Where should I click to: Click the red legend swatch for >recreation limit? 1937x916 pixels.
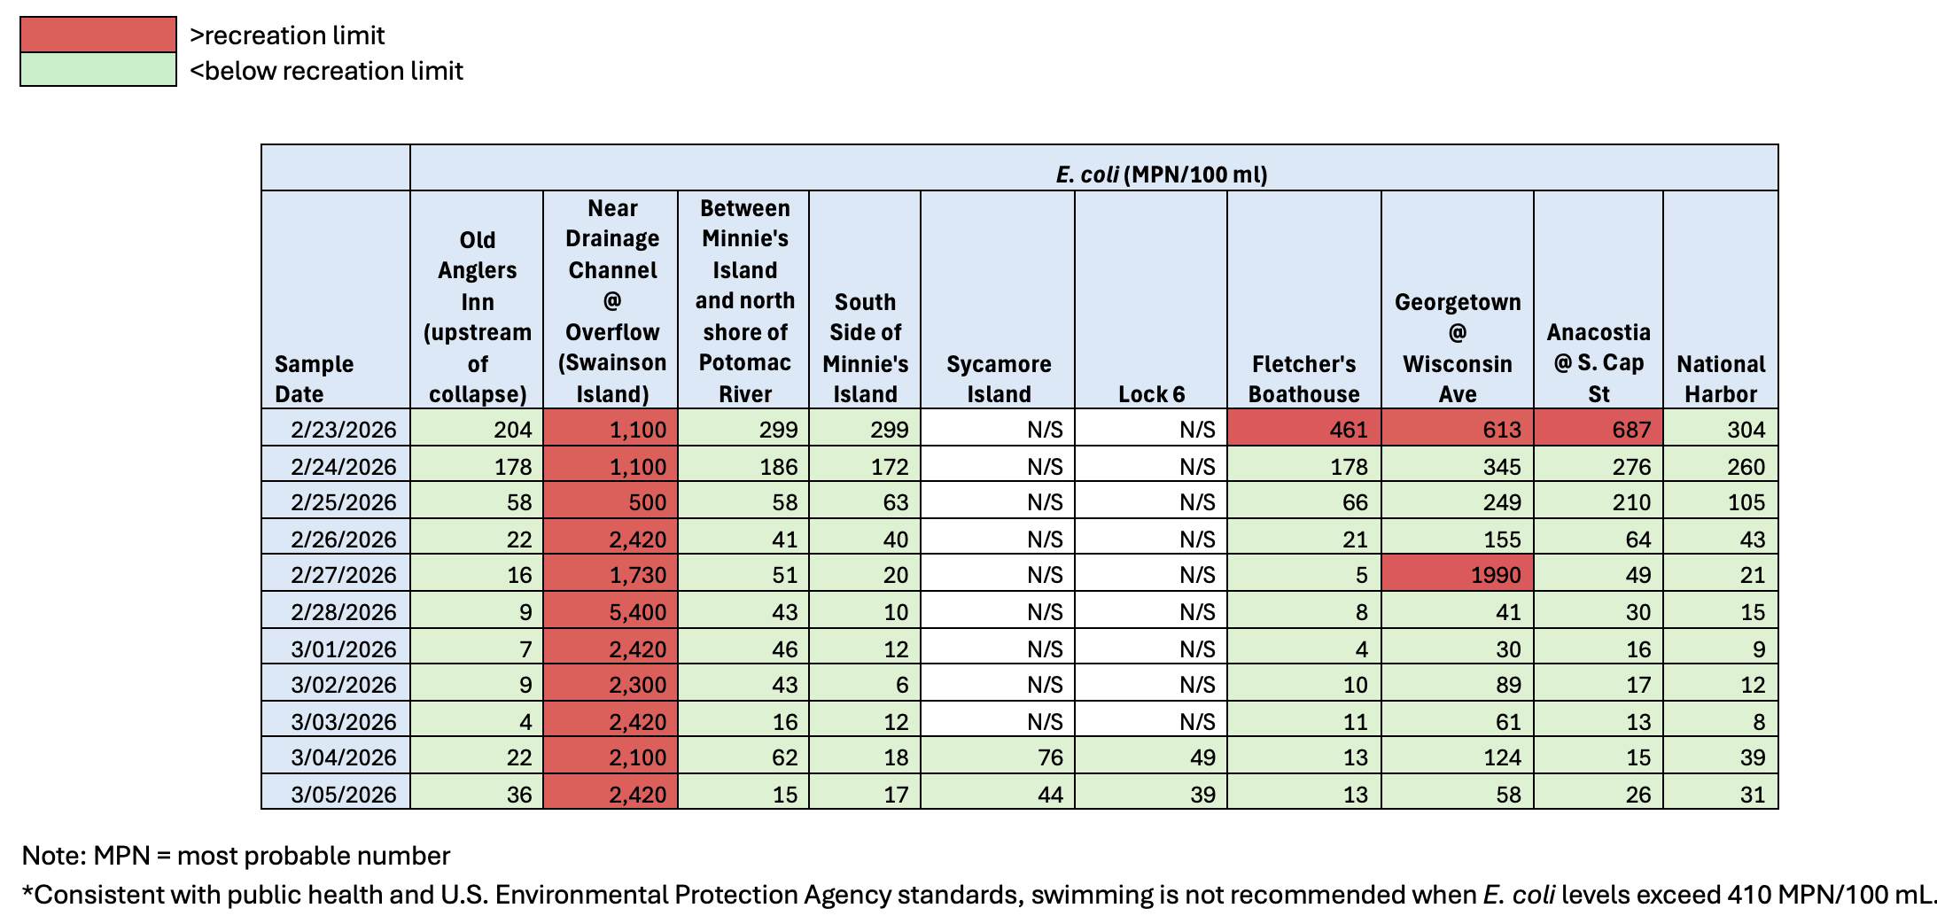pos(97,35)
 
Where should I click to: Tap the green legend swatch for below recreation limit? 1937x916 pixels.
pos(97,70)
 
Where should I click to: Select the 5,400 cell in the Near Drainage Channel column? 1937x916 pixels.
pos(611,611)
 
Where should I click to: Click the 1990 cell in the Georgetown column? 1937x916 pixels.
pos(1458,574)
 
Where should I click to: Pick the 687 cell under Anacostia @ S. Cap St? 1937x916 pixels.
pos(1599,430)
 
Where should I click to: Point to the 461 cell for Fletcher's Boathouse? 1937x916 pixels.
pos(1304,430)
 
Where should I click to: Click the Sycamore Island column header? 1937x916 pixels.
pos(999,378)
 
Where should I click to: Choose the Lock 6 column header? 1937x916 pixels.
pos(1151,394)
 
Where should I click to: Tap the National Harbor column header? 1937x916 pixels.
pos(1721,378)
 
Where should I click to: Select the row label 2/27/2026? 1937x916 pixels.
pos(343,575)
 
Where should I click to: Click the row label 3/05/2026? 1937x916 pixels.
pos(343,794)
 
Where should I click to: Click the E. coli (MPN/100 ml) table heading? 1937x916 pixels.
pos(1161,174)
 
